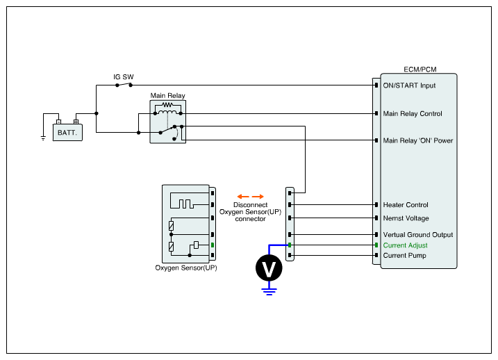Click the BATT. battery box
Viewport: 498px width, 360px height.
67,132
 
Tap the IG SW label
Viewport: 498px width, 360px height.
124,77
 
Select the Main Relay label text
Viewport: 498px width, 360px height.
167,96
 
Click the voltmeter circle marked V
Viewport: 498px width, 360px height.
269,268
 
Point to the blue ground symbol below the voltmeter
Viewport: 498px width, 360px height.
269,291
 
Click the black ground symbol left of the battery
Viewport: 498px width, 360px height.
43,138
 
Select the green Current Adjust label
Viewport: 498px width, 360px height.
405,245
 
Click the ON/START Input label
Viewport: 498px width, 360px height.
409,85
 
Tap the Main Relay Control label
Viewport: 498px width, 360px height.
413,114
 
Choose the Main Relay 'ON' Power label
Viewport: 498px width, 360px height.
418,140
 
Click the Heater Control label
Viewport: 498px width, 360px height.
406,205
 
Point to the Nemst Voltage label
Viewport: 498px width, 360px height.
406,218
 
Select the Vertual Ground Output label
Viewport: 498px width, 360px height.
418,235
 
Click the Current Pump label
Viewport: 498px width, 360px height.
405,256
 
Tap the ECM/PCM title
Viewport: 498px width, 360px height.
420,69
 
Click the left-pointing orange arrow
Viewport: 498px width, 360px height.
243,197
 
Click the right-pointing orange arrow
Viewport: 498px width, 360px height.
258,197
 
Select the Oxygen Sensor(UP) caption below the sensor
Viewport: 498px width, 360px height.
186,268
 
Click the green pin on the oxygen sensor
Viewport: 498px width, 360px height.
213,245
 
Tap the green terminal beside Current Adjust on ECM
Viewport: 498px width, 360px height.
376,245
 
